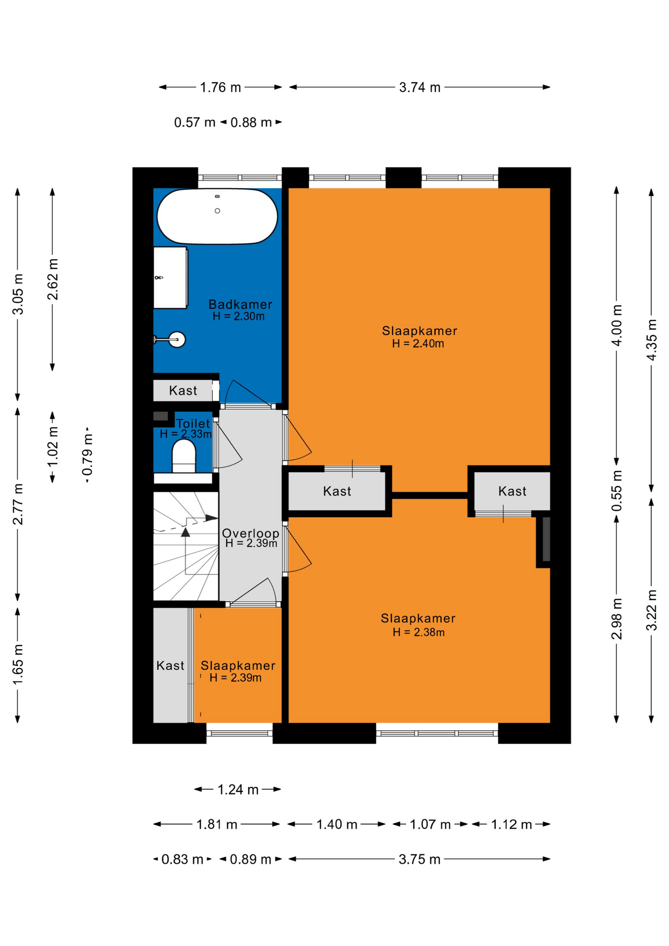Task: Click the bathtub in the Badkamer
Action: coord(217,216)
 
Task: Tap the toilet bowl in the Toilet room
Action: coord(184,456)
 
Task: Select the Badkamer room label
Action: coord(240,304)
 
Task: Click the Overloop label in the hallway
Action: coord(251,533)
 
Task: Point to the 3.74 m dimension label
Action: coord(420,88)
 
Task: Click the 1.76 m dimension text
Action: coord(220,88)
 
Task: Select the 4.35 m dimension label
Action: coord(651,340)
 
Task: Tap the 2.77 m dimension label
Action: coord(18,505)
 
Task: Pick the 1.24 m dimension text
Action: coord(238,790)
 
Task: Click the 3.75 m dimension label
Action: coord(420,859)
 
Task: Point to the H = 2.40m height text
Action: coord(418,344)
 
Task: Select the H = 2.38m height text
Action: coord(419,633)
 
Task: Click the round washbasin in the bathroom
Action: coord(177,339)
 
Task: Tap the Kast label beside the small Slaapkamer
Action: coord(170,666)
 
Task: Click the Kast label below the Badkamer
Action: coord(183,391)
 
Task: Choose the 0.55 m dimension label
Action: coord(617,491)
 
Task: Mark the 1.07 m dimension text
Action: coord(430,825)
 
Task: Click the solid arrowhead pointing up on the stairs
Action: coord(185,532)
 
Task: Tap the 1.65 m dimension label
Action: coord(18,664)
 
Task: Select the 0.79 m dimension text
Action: coord(88,455)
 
